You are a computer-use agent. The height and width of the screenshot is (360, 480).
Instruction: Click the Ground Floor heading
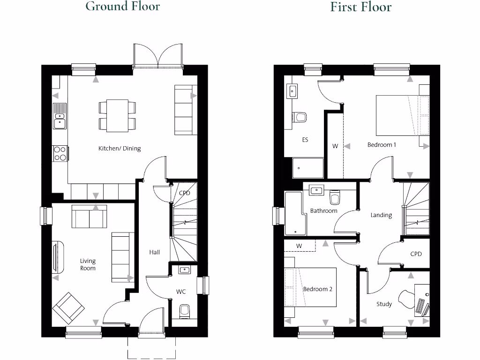[x=122, y=6]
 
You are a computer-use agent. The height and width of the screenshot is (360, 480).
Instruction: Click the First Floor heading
[x=360, y=7]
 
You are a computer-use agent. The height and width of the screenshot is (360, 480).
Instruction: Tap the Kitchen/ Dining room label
[x=119, y=149]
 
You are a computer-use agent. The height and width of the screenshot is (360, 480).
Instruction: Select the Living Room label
[x=88, y=264]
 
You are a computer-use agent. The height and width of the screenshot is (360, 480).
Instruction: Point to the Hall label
[x=154, y=252]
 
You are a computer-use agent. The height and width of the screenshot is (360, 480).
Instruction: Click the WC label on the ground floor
[x=181, y=292]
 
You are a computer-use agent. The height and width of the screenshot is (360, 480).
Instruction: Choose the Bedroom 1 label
[x=382, y=145]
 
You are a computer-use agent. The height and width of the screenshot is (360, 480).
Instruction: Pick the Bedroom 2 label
[x=317, y=289]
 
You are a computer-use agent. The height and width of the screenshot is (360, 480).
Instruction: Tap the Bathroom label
[x=323, y=211]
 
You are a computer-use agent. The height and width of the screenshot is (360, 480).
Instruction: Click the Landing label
[x=381, y=215]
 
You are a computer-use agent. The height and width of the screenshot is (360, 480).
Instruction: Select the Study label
[x=384, y=304]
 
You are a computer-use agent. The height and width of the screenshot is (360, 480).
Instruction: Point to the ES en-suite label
[x=305, y=140]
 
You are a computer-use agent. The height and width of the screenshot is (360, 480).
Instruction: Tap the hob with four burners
[x=60, y=153]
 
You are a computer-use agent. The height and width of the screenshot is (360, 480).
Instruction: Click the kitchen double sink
[x=60, y=117]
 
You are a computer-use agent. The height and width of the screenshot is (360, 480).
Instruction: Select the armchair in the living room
[x=68, y=308]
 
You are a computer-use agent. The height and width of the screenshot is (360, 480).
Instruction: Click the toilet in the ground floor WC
[x=184, y=310]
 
